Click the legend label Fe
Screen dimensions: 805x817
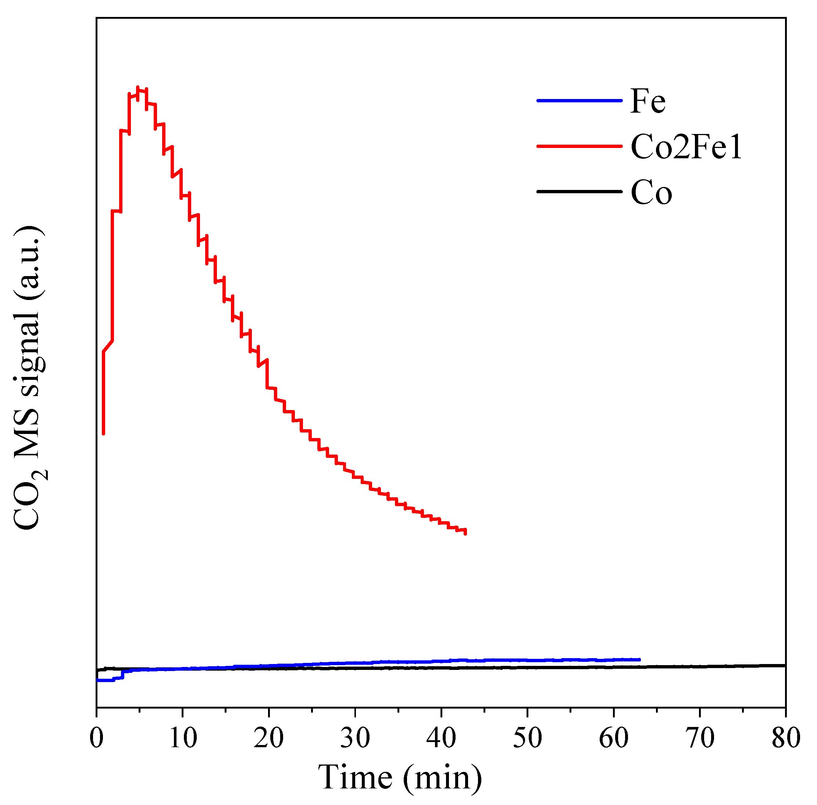647,102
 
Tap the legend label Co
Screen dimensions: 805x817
650,193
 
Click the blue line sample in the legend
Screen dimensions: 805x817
579,100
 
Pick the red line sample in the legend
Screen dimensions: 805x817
579,146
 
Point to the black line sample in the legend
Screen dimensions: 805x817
579,191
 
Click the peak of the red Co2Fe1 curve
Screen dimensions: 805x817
138,88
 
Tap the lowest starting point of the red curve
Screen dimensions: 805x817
103,433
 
